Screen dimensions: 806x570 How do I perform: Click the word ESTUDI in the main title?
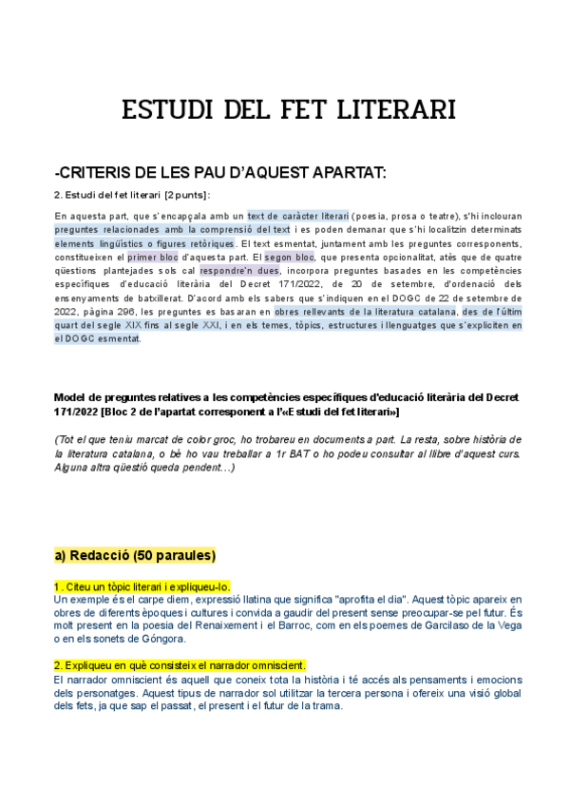pos(167,111)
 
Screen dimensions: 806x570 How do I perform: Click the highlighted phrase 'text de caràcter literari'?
pos(297,216)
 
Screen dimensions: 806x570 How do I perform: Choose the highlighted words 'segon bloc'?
pos(289,257)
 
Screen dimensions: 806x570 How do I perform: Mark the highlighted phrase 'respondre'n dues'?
pos(240,270)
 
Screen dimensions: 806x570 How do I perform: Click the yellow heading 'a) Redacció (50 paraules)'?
pos(135,555)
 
